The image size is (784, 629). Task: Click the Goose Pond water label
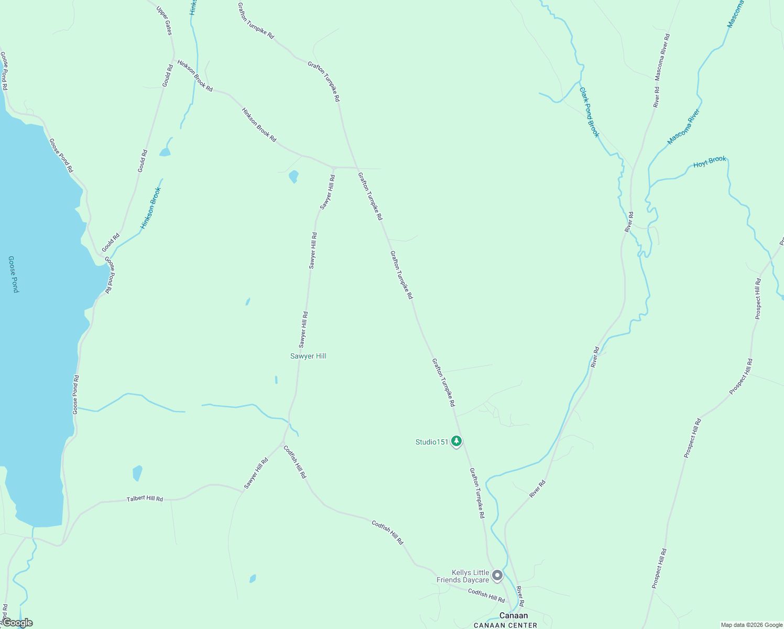(14, 274)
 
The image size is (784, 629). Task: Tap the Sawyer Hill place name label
(308, 356)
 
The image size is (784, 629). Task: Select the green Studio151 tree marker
(457, 441)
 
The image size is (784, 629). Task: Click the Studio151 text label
(432, 442)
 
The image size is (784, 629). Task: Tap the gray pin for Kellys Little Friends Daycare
(497, 576)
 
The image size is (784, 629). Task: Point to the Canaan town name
(514, 615)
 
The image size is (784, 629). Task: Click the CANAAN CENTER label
(505, 625)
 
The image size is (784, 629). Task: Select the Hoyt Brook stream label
(710, 162)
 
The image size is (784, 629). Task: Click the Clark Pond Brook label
(589, 112)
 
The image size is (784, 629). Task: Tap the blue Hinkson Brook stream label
(150, 208)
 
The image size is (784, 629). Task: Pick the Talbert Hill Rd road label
(145, 499)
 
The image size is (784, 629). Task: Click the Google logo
(17, 623)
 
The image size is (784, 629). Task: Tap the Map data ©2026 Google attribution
(752, 625)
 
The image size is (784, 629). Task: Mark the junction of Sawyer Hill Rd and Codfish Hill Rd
(284, 443)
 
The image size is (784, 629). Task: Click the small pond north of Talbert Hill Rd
(137, 473)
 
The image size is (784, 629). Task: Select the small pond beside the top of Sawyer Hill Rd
(293, 177)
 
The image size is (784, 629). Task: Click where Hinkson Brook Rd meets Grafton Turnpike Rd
(356, 168)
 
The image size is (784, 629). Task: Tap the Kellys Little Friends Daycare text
(463, 576)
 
